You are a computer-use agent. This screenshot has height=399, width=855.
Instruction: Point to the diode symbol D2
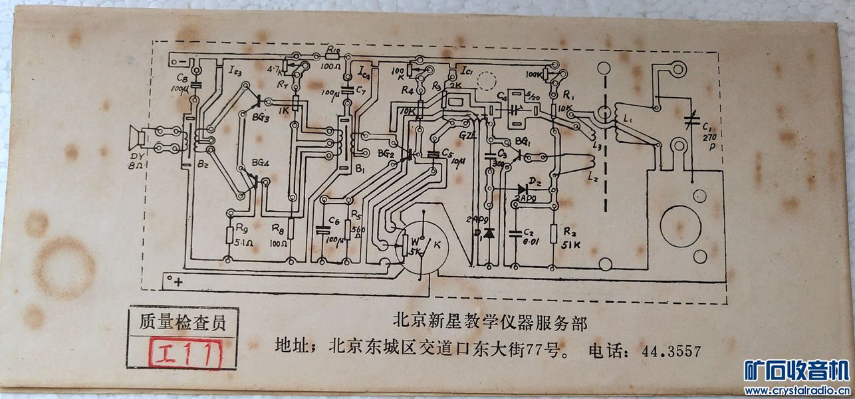522,189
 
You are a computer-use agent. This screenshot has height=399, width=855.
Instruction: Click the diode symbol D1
489,233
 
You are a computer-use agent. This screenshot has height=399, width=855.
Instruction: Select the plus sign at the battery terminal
178,282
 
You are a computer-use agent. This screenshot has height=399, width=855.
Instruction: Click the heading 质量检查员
182,322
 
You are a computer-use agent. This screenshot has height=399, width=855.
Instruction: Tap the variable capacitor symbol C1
692,122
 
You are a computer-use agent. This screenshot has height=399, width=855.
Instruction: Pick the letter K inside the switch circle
437,244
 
